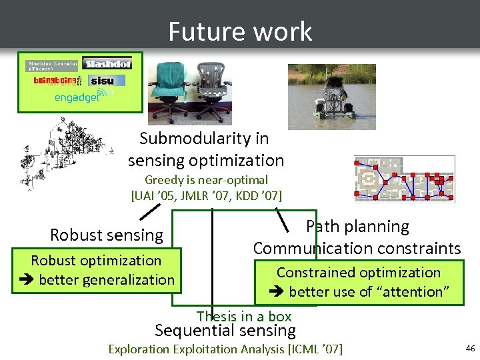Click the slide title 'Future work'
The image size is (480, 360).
(x=240, y=31)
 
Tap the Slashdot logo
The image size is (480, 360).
(x=107, y=63)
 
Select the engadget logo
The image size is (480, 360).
(x=77, y=97)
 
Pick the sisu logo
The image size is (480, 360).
(x=105, y=81)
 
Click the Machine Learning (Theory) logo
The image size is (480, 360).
(x=52, y=65)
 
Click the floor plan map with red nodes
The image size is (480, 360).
(x=404, y=179)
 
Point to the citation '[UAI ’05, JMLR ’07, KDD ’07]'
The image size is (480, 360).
(x=207, y=195)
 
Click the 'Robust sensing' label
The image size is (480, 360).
(x=107, y=235)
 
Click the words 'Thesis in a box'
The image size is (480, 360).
(x=244, y=316)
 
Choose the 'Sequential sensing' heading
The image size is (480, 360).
(x=225, y=330)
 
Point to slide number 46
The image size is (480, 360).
(x=470, y=348)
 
